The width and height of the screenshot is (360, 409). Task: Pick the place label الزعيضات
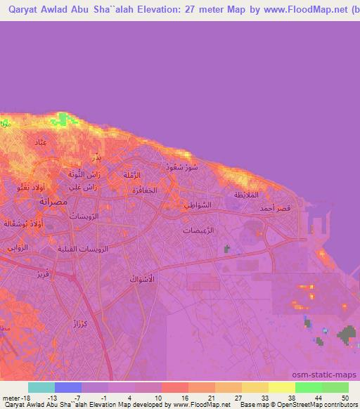click(x=198, y=231)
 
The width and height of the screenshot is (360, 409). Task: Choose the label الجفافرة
click(x=141, y=190)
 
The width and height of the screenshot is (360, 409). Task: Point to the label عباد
click(x=41, y=143)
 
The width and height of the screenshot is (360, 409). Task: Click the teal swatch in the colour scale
click(x=41, y=387)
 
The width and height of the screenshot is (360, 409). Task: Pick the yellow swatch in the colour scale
click(x=281, y=387)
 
